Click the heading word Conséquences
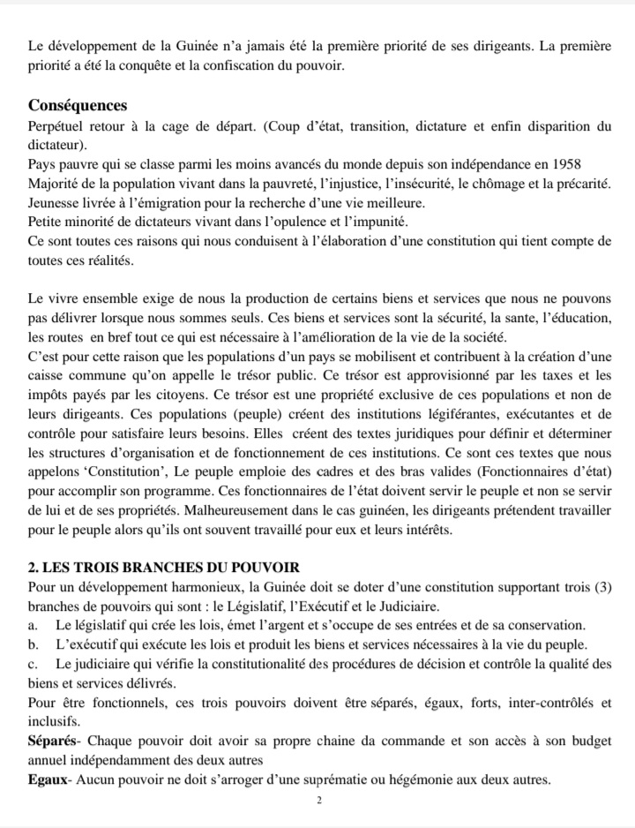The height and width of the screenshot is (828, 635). click(78, 106)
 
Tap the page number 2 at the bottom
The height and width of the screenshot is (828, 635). click(319, 800)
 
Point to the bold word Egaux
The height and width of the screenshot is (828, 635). click(49, 779)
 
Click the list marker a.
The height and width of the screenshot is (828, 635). click(32, 625)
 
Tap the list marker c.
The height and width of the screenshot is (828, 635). click(32, 664)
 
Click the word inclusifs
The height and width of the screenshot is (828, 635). click(54, 720)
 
